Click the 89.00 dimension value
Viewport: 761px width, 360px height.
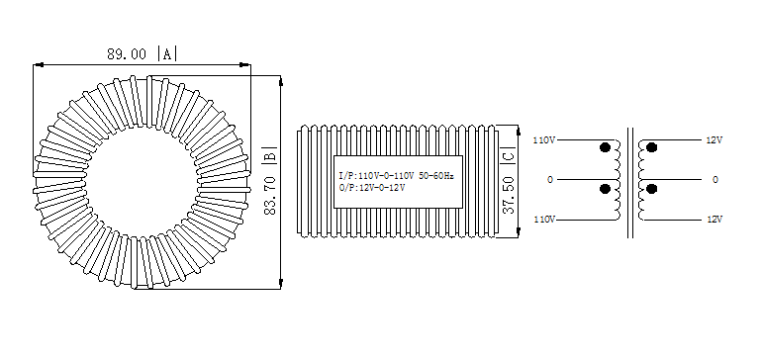click(124, 53)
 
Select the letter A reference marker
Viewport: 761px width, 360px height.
click(167, 53)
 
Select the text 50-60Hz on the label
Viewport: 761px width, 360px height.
click(435, 175)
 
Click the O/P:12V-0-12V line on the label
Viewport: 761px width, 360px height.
click(371, 187)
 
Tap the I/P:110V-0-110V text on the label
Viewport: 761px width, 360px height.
click(377, 175)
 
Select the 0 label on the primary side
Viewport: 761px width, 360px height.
click(549, 180)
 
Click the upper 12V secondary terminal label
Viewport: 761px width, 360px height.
click(714, 140)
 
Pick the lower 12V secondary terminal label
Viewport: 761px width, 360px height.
click(714, 219)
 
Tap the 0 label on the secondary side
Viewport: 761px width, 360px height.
click(714, 180)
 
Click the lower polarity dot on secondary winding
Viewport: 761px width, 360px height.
click(652, 189)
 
